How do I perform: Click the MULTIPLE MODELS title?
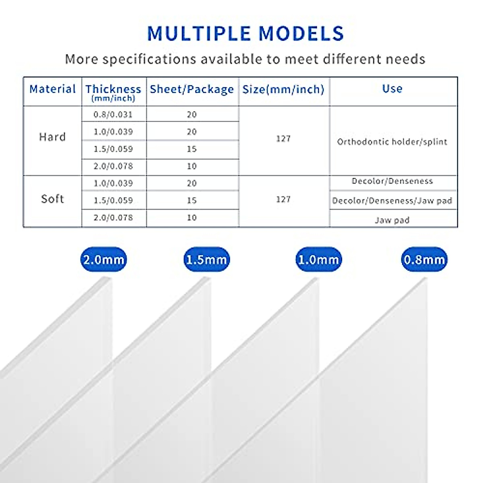(x=246, y=33)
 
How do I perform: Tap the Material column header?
(x=53, y=89)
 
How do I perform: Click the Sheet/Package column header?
(x=192, y=89)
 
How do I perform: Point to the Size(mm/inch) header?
(x=283, y=89)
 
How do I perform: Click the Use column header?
(x=392, y=89)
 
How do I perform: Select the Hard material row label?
(x=52, y=137)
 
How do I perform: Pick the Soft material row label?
(x=52, y=199)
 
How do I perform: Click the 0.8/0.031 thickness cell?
(x=113, y=115)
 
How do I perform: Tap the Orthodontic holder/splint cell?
(x=392, y=142)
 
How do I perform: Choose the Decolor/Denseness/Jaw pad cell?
(x=392, y=200)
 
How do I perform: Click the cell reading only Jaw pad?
(x=392, y=220)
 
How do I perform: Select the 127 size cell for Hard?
(x=283, y=138)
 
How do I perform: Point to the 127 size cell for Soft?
(x=283, y=200)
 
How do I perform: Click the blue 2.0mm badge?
(x=103, y=260)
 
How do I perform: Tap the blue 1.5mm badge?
(x=206, y=260)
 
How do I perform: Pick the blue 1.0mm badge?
(x=318, y=260)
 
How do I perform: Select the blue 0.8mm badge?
(x=424, y=260)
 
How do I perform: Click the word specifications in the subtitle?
(x=149, y=60)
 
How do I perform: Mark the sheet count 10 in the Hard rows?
(x=192, y=166)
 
